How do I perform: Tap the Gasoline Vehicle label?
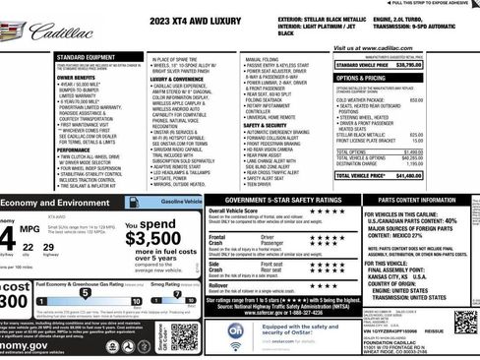182,201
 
